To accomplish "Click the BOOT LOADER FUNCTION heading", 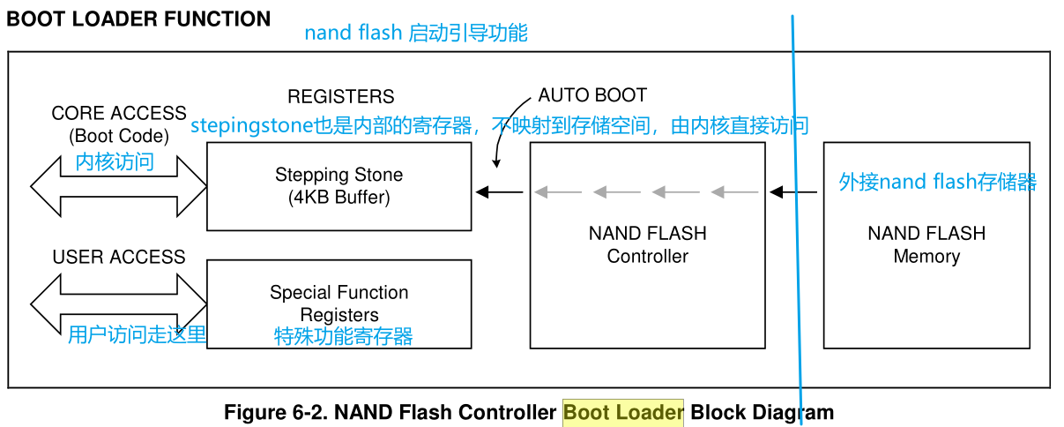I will [x=138, y=19].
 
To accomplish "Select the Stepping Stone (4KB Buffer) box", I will [x=339, y=186].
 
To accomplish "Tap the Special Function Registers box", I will [x=339, y=303].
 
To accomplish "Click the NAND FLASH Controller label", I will [x=647, y=245].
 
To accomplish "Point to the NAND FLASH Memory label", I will [x=926, y=245].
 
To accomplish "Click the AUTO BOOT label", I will [x=592, y=95].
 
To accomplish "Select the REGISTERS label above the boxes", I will [x=340, y=96].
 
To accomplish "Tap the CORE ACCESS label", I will [x=119, y=114].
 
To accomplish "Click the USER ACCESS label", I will [x=119, y=257].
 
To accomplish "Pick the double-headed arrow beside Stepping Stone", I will [x=118, y=187].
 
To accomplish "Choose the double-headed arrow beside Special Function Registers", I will [x=118, y=303].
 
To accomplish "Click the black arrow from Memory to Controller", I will [x=792, y=191].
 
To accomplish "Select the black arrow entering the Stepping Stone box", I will [x=499, y=191].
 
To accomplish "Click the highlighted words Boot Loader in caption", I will [x=623, y=412].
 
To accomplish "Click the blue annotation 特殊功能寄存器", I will [x=343, y=336].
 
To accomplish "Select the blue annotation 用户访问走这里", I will [x=137, y=334].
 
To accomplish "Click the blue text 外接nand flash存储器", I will [x=937, y=183].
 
